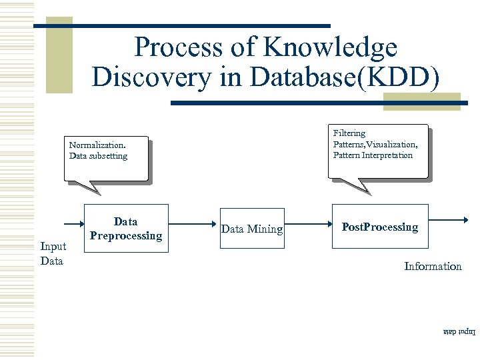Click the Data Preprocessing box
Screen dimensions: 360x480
click(x=126, y=228)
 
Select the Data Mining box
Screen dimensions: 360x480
click(x=252, y=229)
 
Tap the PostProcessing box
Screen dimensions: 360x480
click(x=380, y=227)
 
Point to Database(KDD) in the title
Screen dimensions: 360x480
click(x=344, y=77)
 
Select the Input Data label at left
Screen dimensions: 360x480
click(x=53, y=253)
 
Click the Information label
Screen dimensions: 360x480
click(x=433, y=266)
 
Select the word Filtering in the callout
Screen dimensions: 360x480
click(x=349, y=133)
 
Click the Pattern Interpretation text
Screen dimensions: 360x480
click(x=373, y=155)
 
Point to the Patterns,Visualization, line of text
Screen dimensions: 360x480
click(x=375, y=144)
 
